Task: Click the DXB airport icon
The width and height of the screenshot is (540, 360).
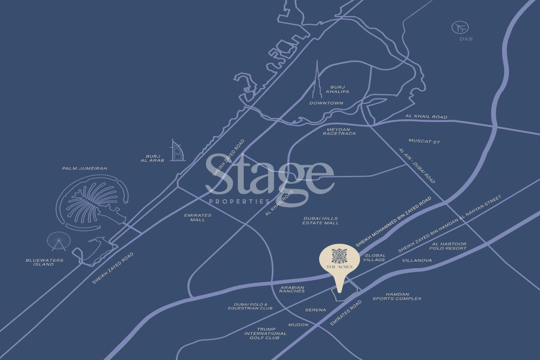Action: [x=460, y=27]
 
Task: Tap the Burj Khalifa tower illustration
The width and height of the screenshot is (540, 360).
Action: [x=317, y=83]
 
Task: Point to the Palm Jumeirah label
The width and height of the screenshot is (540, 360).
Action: [x=85, y=168]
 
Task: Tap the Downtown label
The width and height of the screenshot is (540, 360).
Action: [x=326, y=103]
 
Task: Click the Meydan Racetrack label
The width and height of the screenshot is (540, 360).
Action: [x=339, y=131]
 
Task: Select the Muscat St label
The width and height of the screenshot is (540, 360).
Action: [x=424, y=141]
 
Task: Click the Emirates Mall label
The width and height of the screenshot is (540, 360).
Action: [x=198, y=217]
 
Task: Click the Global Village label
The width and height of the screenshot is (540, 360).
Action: [x=375, y=257]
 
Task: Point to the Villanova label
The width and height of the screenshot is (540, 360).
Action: [x=417, y=260]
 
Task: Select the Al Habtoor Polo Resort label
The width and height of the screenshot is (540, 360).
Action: [x=448, y=246]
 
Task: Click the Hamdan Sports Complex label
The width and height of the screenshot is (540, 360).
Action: [x=397, y=296]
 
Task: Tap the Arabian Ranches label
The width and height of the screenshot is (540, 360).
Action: [x=292, y=289]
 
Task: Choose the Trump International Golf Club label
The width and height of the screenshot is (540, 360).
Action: [x=265, y=333]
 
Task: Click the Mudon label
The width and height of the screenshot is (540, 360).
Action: [x=298, y=325]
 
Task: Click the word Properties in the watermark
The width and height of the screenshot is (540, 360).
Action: [x=239, y=201]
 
